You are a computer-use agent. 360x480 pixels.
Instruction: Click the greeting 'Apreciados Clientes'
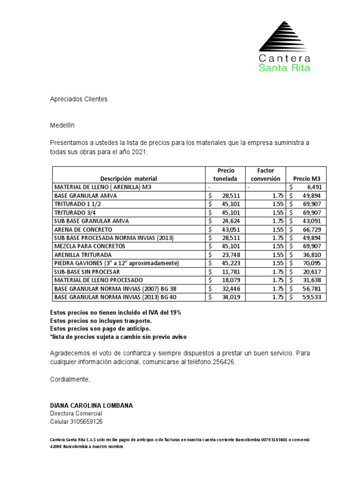79,99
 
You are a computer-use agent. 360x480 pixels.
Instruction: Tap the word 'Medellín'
62,126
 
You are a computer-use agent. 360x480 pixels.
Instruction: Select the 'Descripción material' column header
128,179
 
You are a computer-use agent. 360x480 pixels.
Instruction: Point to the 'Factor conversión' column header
265,174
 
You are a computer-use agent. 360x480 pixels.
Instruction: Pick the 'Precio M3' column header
307,179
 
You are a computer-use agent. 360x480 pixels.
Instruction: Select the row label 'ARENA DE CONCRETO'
83,230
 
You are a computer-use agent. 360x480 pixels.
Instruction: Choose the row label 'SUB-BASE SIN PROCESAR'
87,272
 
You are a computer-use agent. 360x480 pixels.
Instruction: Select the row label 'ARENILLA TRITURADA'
84,255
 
